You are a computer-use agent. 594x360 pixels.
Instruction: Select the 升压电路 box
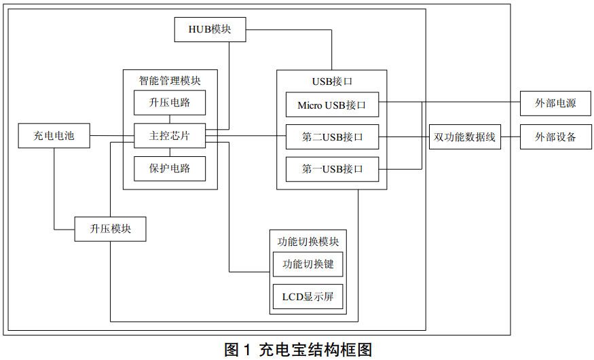coord(169,104)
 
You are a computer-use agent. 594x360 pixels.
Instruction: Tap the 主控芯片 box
coord(169,136)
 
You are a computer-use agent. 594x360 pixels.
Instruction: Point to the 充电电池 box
coord(54,136)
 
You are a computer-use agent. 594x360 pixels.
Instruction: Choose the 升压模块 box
coord(111,229)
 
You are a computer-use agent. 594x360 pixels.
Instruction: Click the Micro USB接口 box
coord(332,105)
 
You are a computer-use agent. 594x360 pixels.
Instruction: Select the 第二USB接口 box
coord(332,137)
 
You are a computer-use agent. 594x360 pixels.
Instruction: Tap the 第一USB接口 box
coord(332,168)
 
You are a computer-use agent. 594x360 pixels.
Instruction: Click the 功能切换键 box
coord(308,264)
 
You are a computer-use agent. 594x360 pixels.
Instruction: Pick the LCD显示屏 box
coord(308,297)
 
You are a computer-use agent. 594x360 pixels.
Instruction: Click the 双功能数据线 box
coord(465,137)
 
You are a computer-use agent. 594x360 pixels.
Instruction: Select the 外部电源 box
coord(555,104)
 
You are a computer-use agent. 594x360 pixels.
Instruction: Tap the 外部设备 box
coord(555,137)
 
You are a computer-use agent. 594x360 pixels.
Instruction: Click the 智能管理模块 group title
coord(170,80)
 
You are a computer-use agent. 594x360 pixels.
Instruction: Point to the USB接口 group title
coord(332,82)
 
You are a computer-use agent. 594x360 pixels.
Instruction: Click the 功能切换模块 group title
coord(308,240)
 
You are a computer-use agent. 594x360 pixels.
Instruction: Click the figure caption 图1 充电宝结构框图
coord(298,350)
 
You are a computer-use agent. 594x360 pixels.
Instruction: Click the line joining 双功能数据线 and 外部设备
coord(511,137)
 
